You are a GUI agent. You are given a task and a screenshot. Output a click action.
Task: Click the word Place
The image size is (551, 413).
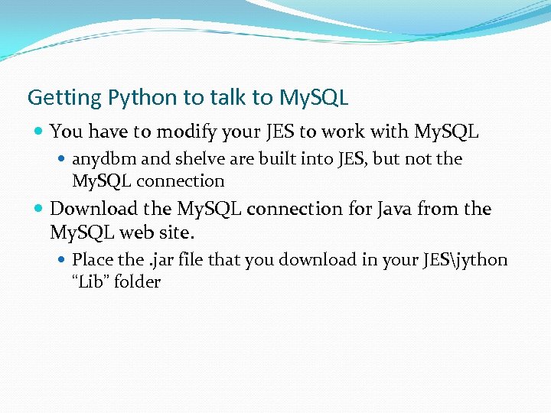tap(93, 260)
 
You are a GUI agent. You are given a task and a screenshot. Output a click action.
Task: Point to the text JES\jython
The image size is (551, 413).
tap(464, 260)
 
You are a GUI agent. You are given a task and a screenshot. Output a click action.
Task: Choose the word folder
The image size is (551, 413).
tap(139, 281)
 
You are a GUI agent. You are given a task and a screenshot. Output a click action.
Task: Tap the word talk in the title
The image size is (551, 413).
tap(229, 98)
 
